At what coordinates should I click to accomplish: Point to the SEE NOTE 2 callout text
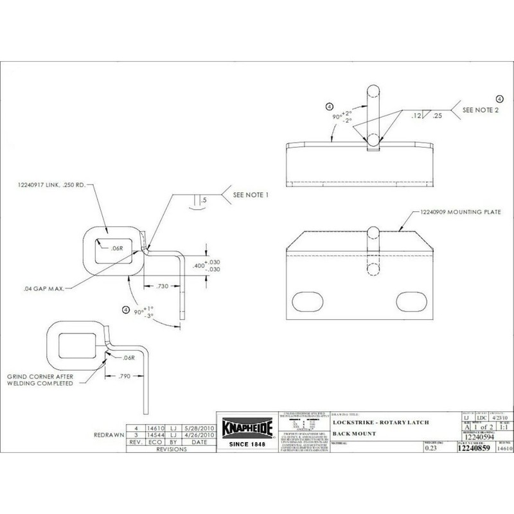[x=483, y=111]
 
